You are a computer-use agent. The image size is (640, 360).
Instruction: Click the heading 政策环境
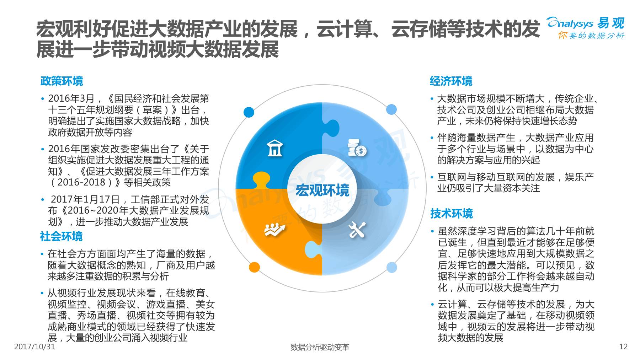(62, 81)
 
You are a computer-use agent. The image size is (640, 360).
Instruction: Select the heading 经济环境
(451, 81)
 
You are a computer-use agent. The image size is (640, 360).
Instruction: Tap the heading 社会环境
(61, 236)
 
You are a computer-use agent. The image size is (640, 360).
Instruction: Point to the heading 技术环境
(452, 214)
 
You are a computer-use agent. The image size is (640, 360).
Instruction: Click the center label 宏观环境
(322, 190)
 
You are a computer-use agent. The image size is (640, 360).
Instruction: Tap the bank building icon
(274, 148)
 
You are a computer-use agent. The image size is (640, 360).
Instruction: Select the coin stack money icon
(357, 148)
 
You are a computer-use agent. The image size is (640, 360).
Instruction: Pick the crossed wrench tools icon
(357, 230)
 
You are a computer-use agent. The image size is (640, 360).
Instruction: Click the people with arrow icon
(275, 230)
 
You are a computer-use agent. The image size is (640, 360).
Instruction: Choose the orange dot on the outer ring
(254, 267)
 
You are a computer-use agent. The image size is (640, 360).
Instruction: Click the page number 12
(623, 347)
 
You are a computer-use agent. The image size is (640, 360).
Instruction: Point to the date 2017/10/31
(34, 347)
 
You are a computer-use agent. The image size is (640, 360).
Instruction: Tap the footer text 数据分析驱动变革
(320, 347)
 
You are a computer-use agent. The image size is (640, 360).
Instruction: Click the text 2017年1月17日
(85, 199)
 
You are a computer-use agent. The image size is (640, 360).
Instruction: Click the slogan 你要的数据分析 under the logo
(591, 36)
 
